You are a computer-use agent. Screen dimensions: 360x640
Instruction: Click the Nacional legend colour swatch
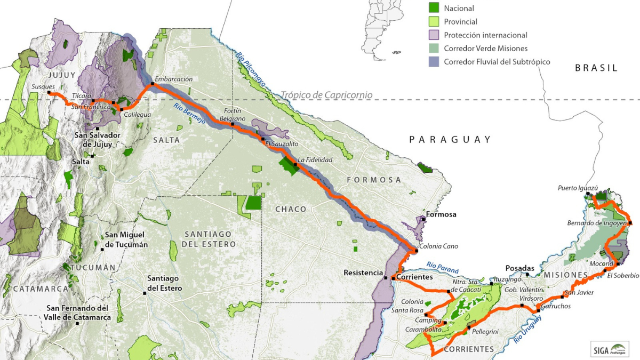(434, 8)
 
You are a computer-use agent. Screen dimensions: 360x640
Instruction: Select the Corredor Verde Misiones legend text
(478, 48)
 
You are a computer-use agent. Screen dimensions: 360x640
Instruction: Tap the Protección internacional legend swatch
(434, 35)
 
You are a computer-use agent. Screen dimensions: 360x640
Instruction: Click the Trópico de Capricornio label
(326, 95)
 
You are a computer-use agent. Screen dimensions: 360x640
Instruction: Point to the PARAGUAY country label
(450, 139)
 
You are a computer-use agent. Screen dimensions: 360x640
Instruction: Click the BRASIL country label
(596, 68)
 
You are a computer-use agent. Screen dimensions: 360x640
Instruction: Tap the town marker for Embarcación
(153, 84)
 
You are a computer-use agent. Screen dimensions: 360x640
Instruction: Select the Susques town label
(43, 86)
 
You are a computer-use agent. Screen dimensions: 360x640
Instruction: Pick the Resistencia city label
(363, 273)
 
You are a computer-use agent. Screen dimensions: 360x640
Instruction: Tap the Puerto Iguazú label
(578, 188)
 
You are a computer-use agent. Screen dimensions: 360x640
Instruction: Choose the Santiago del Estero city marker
(145, 293)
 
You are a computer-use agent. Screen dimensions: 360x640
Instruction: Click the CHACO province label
(291, 209)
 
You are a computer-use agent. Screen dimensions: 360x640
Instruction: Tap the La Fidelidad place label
(315, 159)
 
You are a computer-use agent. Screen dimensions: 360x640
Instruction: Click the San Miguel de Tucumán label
(126, 239)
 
